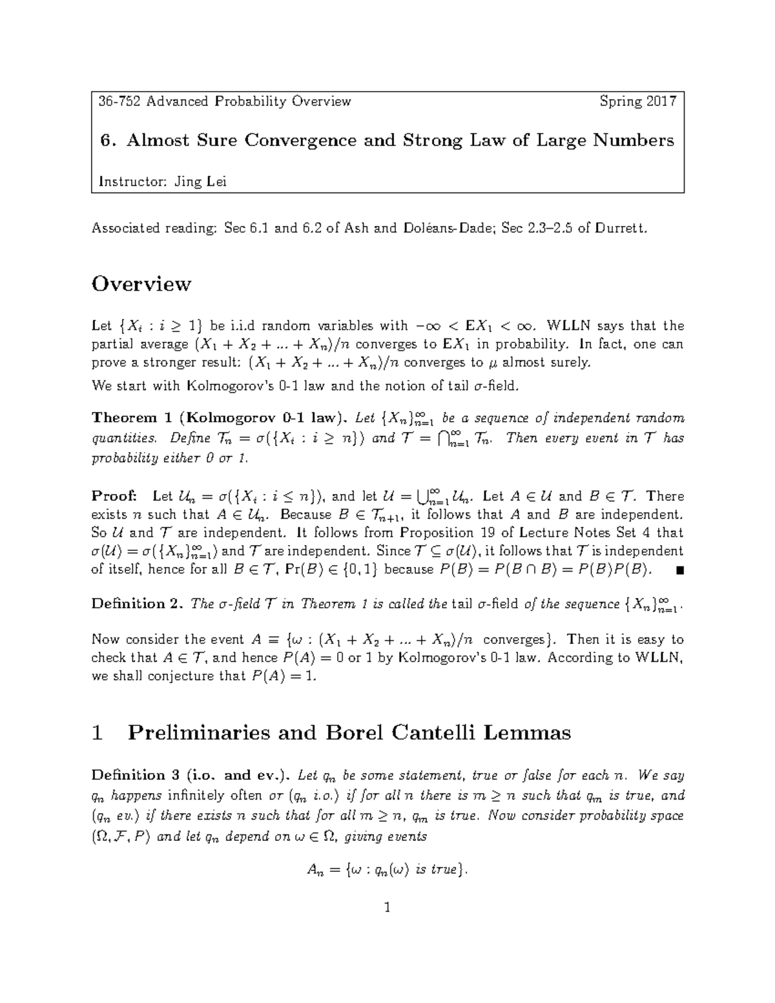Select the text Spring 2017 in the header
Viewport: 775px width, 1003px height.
637,101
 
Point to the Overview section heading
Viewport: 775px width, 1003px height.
141,284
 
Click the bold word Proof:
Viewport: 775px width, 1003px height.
114,496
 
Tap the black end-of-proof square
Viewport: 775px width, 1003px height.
677,570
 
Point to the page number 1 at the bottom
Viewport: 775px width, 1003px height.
387,907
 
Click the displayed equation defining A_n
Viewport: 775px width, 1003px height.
386,871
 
